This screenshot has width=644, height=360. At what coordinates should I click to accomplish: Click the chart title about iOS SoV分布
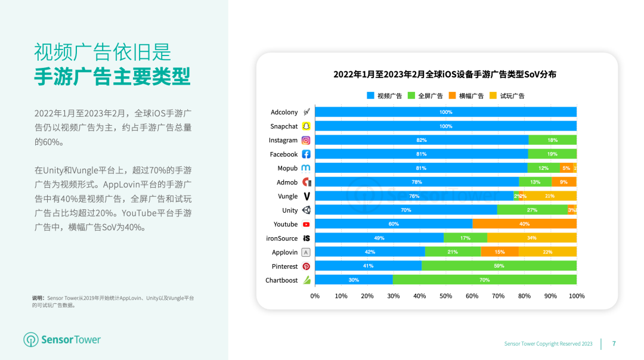445,75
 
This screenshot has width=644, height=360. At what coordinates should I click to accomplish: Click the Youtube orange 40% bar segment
524,224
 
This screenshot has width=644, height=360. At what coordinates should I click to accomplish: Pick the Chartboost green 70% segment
484,280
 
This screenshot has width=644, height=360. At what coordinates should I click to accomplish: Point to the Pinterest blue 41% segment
368,266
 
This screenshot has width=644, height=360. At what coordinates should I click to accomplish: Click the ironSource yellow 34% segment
531,238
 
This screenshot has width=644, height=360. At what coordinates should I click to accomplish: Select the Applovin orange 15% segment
500,252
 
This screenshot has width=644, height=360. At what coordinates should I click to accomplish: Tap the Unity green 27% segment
532,210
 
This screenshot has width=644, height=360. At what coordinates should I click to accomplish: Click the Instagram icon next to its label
306,140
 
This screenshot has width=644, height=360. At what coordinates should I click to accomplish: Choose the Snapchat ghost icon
306,126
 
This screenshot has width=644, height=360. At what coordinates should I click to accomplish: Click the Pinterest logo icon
306,266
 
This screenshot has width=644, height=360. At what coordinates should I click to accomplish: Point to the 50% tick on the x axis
445,296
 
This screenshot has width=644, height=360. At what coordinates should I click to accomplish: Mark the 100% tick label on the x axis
576,296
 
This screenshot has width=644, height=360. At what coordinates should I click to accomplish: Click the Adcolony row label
284,112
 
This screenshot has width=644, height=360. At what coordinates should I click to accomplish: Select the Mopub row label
287,168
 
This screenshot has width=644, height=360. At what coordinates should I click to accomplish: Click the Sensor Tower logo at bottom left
62,340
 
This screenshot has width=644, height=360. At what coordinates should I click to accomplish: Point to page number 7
614,343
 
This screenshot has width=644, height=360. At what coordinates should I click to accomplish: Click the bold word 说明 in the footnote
38,298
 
